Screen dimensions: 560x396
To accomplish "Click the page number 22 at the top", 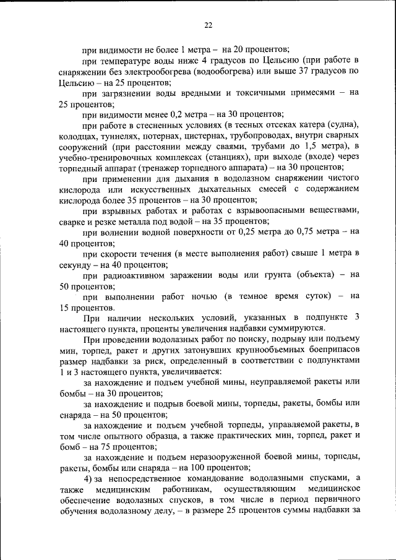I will (x=208, y=25).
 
